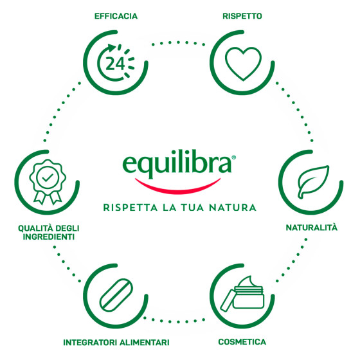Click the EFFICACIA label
(116, 16)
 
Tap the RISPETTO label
(242, 16)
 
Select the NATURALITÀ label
(312, 228)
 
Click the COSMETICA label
(242, 342)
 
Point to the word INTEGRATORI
(90, 343)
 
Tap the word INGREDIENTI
(49, 237)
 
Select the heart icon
(243, 64)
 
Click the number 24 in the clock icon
(115, 64)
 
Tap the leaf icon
(313, 182)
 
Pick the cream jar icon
(242, 294)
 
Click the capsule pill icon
(116, 295)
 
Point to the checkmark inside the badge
(48, 178)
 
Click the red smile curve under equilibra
(177, 188)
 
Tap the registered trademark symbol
(234, 157)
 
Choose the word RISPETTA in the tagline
(130, 208)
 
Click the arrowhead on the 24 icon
(112, 48)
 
